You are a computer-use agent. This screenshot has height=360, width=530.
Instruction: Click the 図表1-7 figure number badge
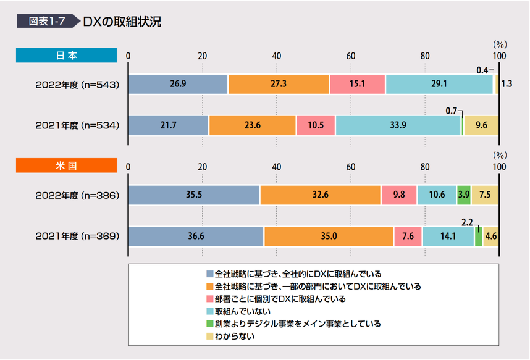tap(46, 21)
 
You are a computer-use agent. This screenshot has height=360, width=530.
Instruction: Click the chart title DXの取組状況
tap(122, 21)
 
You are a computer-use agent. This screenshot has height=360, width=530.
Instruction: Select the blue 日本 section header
tap(66, 56)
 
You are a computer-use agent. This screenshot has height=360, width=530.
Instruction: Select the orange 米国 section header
tap(66, 165)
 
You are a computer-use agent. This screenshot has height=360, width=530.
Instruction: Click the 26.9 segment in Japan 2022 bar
tap(178, 84)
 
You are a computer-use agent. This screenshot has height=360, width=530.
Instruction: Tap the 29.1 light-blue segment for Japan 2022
tap(439, 84)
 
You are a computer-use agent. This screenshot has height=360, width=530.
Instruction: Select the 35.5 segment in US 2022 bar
tap(194, 195)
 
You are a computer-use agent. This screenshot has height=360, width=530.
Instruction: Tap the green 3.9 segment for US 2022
tap(463, 195)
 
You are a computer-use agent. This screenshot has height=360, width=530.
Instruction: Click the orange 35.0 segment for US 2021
tap(329, 237)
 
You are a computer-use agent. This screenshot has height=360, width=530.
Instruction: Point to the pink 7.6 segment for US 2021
tap(408, 237)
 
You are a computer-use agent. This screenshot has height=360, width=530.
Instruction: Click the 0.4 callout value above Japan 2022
tap(482, 70)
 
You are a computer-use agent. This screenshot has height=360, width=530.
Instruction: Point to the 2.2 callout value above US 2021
tap(468, 221)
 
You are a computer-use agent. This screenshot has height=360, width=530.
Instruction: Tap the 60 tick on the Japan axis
tap(350, 56)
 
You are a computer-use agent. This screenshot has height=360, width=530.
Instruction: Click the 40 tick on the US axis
tap(276, 167)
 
